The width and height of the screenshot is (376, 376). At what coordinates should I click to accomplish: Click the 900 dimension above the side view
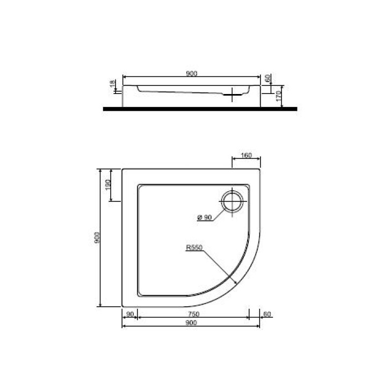point(191,73)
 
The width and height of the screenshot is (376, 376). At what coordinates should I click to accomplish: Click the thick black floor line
point(199,108)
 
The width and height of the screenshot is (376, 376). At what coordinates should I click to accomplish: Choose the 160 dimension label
point(246,156)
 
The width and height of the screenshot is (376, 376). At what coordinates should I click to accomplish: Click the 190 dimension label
point(107,185)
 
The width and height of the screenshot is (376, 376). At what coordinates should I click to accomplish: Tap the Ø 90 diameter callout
point(205,217)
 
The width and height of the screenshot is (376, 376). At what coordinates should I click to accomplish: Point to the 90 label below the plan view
point(129,314)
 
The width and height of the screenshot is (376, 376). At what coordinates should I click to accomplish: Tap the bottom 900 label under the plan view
point(191,323)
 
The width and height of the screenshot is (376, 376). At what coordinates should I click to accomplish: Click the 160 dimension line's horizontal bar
point(245,160)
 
